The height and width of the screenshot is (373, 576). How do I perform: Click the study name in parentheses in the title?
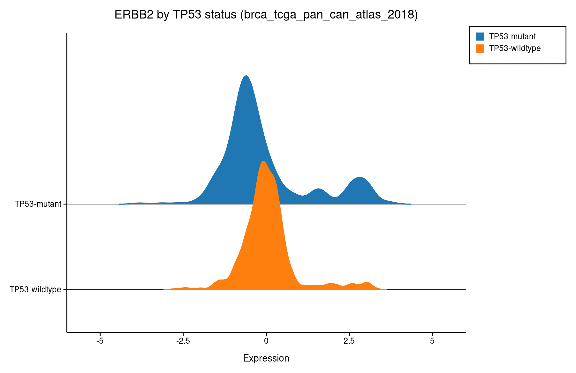(329, 15)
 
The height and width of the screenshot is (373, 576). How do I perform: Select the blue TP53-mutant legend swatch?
(480, 36)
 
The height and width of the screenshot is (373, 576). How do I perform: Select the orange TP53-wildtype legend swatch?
(480, 48)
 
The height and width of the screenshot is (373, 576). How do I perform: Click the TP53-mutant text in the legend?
(512, 36)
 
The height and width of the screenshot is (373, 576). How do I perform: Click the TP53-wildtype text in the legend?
(515, 48)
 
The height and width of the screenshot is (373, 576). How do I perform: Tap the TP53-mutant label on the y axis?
(38, 204)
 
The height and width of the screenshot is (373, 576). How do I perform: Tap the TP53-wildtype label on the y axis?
(35, 290)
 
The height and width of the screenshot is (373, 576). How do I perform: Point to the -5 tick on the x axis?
(100, 341)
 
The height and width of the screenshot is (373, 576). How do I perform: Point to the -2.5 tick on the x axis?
(183, 341)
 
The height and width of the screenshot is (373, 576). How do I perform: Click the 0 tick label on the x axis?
(266, 341)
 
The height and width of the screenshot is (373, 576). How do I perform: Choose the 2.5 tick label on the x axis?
(349, 341)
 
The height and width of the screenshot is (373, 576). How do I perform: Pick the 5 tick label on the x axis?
(432, 341)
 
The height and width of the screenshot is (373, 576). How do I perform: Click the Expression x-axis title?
(266, 358)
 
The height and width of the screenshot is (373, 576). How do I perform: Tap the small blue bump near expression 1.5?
(318, 189)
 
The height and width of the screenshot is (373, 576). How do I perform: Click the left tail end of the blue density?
(120, 204)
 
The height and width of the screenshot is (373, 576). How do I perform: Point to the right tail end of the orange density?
(386, 289)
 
